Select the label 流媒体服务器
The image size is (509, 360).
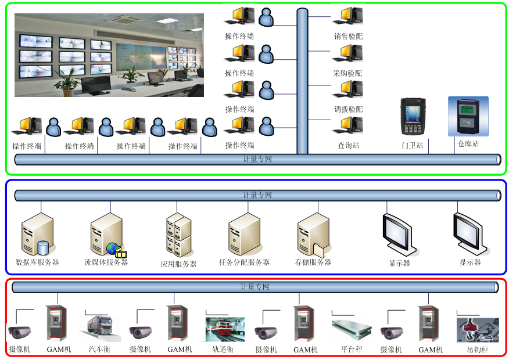(x=106, y=262)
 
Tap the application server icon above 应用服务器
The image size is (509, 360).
(x=178, y=235)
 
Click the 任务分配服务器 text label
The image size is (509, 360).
(x=244, y=262)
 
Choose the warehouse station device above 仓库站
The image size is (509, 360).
(x=468, y=116)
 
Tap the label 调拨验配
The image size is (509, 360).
(x=348, y=109)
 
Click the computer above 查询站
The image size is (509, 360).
(x=349, y=126)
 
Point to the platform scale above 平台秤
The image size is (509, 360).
(x=351, y=329)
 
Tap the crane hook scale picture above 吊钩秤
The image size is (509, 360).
(x=478, y=329)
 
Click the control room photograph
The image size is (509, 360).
(x=109, y=55)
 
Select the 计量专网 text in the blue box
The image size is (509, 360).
(x=257, y=195)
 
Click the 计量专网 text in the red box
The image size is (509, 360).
(x=255, y=287)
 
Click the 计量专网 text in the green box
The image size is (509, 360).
(x=257, y=159)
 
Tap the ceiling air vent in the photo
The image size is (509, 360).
(x=129, y=20)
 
